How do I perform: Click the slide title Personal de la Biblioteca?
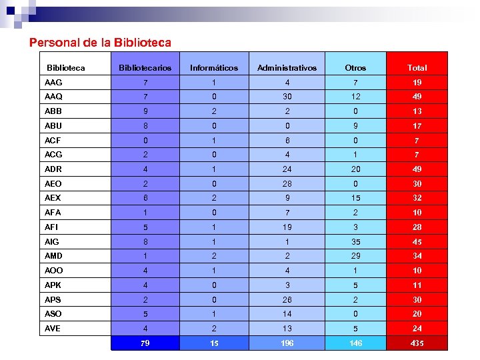coord(100,43)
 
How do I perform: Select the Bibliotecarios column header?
coord(145,68)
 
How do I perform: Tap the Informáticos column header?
coord(213,68)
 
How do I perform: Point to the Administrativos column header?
coord(287,68)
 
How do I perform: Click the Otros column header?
coord(355,68)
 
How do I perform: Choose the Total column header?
coord(417,68)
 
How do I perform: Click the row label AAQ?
coord(53,97)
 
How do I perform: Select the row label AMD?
coord(53,256)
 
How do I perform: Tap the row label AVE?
coord(53,329)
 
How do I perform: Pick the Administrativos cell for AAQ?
coord(287,97)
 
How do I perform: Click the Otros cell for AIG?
coord(355,242)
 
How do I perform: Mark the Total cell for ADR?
coord(417,169)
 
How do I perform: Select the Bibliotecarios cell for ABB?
coord(145,111)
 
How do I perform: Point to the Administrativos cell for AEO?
coord(287,184)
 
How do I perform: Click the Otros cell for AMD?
coord(355,256)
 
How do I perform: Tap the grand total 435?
coord(417,343)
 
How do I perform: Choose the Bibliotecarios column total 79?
coord(145,343)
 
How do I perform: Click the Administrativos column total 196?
coord(287,343)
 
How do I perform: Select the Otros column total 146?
coord(355,343)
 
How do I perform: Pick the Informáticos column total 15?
coord(213,343)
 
